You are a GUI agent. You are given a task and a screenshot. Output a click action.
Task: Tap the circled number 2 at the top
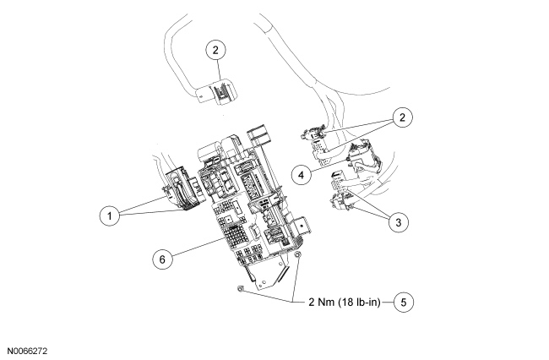pos(217,51)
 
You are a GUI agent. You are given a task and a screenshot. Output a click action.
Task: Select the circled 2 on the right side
pos(406,117)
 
